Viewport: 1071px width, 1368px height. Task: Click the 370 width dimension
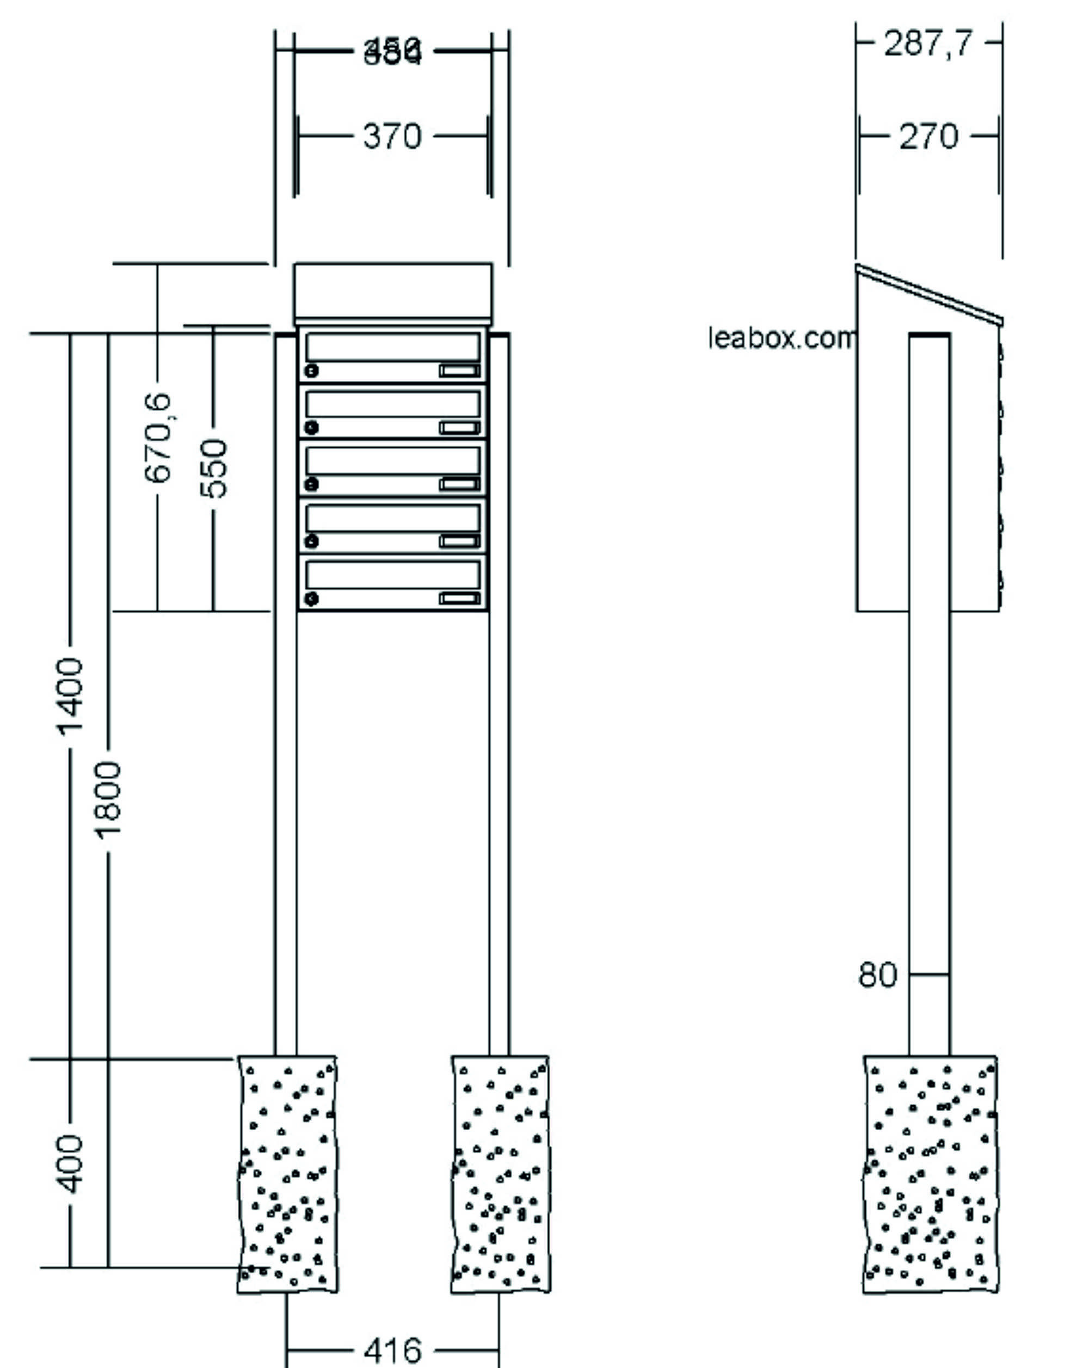point(392,136)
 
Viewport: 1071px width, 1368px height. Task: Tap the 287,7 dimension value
point(928,44)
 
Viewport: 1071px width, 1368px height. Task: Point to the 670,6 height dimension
point(157,437)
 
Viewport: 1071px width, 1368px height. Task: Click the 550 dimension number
point(214,469)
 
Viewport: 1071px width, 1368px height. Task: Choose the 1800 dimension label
point(108,800)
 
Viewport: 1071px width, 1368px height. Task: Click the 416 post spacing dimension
point(392,1349)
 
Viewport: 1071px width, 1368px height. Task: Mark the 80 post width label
point(877,975)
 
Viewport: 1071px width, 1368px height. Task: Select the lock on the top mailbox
point(312,371)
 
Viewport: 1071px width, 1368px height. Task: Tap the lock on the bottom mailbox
point(312,599)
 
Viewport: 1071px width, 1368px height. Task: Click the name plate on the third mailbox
point(460,485)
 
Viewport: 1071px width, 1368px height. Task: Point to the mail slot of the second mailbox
point(392,404)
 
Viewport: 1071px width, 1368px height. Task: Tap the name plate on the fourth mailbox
point(460,541)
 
